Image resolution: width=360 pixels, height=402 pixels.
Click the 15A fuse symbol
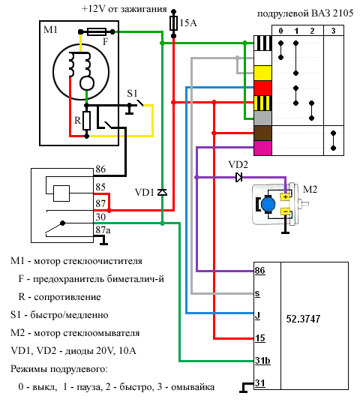[x=173, y=23]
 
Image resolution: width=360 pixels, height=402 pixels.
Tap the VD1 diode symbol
[x=162, y=192]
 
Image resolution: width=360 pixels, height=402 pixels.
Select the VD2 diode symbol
[x=238, y=177]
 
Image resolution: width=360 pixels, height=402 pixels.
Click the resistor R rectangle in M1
[x=87, y=121]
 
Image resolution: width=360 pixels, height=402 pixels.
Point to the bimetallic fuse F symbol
[x=97, y=31]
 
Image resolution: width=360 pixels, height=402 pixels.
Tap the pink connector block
[x=262, y=148]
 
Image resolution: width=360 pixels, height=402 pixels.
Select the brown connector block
[x=262, y=133]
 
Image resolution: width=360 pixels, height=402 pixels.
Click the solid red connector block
[x=262, y=88]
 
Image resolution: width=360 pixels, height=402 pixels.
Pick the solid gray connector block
[x=262, y=118]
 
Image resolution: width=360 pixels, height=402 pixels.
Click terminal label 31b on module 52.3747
[x=262, y=361]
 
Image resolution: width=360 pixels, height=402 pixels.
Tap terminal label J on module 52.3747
[x=257, y=315]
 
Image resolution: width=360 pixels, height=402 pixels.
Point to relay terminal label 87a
[x=103, y=229]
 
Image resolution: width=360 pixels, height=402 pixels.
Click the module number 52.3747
[x=303, y=319]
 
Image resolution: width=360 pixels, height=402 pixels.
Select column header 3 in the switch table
[x=333, y=31]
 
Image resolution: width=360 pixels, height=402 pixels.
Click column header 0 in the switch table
[x=280, y=31]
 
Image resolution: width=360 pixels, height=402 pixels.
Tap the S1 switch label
[x=132, y=93]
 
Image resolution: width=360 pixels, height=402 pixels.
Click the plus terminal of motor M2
[x=286, y=197]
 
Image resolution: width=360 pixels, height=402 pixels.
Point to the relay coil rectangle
[x=61, y=193]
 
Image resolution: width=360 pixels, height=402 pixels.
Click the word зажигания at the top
[x=143, y=9]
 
